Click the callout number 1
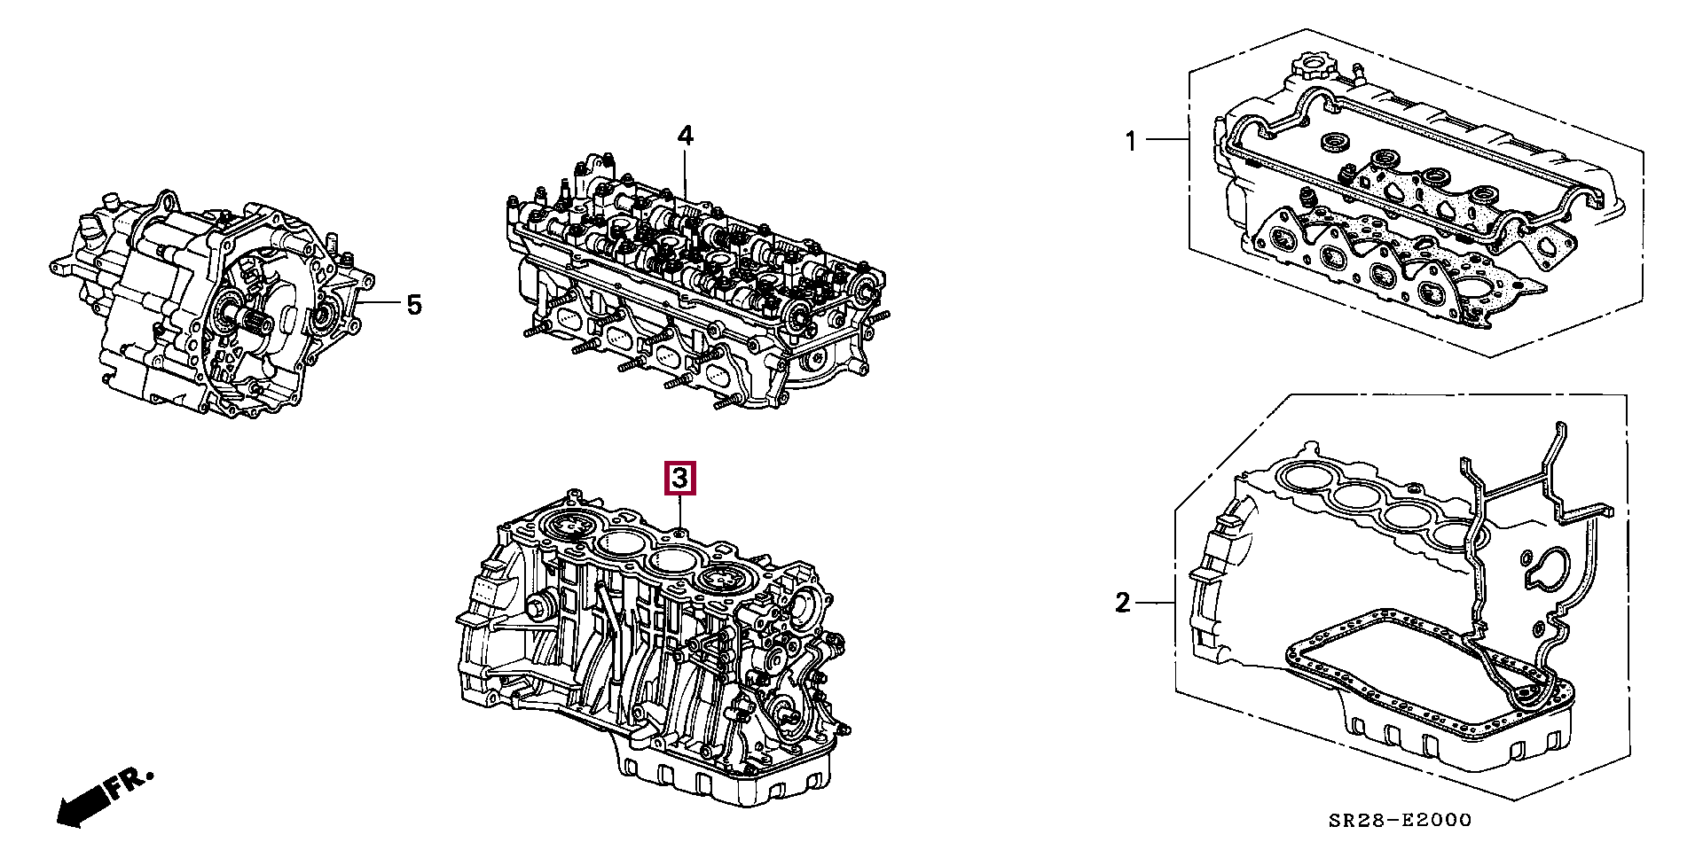(x=1131, y=141)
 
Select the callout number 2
(x=1123, y=604)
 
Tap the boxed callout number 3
(x=679, y=480)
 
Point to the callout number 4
(x=685, y=136)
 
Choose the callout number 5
(x=414, y=305)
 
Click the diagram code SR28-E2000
(x=1400, y=821)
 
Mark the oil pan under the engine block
(x=727, y=776)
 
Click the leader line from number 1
(x=1166, y=139)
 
